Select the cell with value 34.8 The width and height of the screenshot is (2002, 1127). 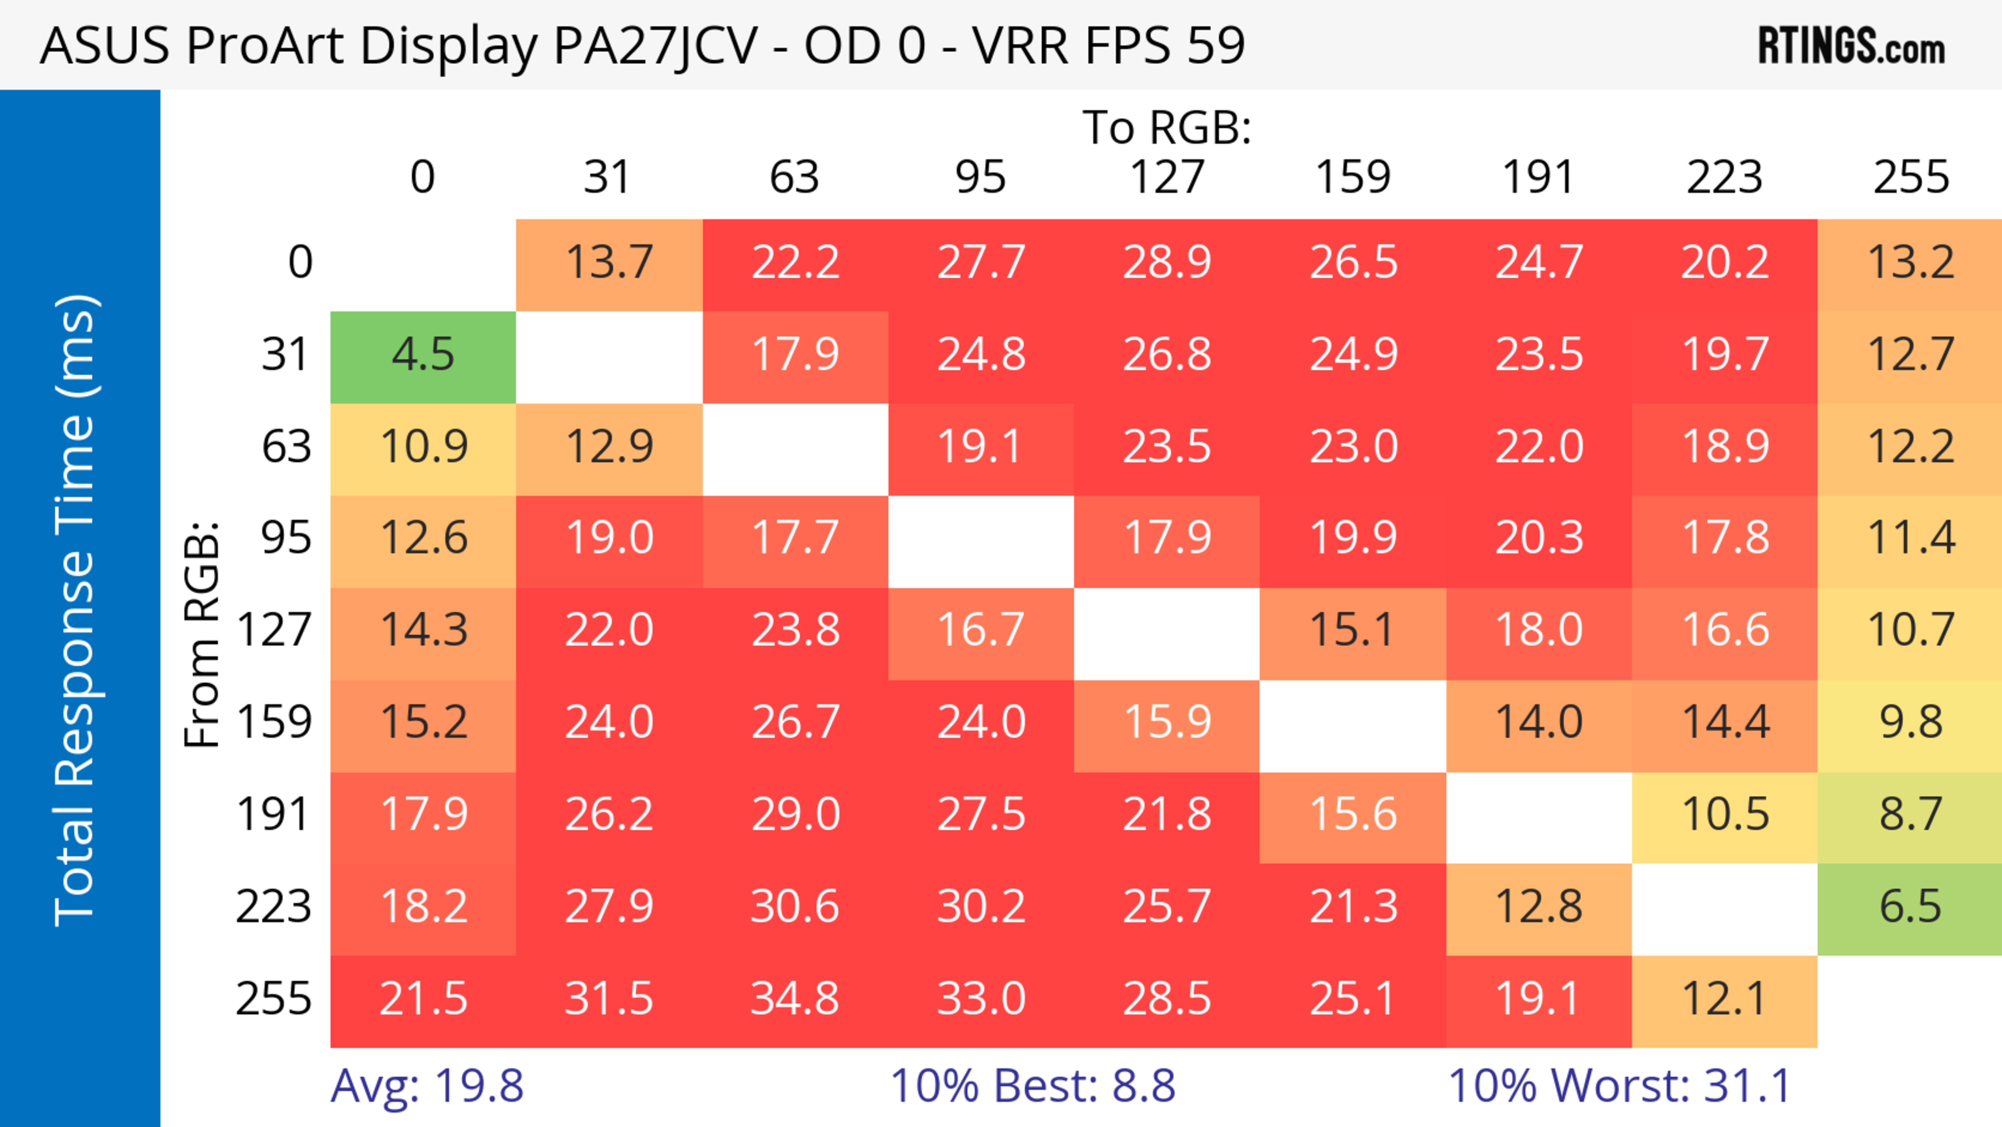tap(794, 1000)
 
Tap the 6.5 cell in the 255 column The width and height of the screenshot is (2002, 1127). tap(1910, 907)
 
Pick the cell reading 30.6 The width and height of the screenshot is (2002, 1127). tap(794, 907)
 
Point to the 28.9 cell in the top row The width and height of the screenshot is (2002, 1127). tap(1167, 263)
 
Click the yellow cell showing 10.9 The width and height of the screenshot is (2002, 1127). tap(423, 447)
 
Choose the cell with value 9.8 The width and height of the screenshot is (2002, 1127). tap(1910, 723)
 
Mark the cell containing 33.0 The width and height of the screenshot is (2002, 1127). tap(981, 1000)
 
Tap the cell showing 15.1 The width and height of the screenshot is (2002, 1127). tap(1352, 631)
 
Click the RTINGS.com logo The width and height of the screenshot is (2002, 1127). tap(1851, 46)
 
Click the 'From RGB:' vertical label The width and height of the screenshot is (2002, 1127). tap(202, 634)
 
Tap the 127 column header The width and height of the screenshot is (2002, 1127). tap(1167, 177)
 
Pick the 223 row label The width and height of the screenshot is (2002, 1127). tap(274, 907)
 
